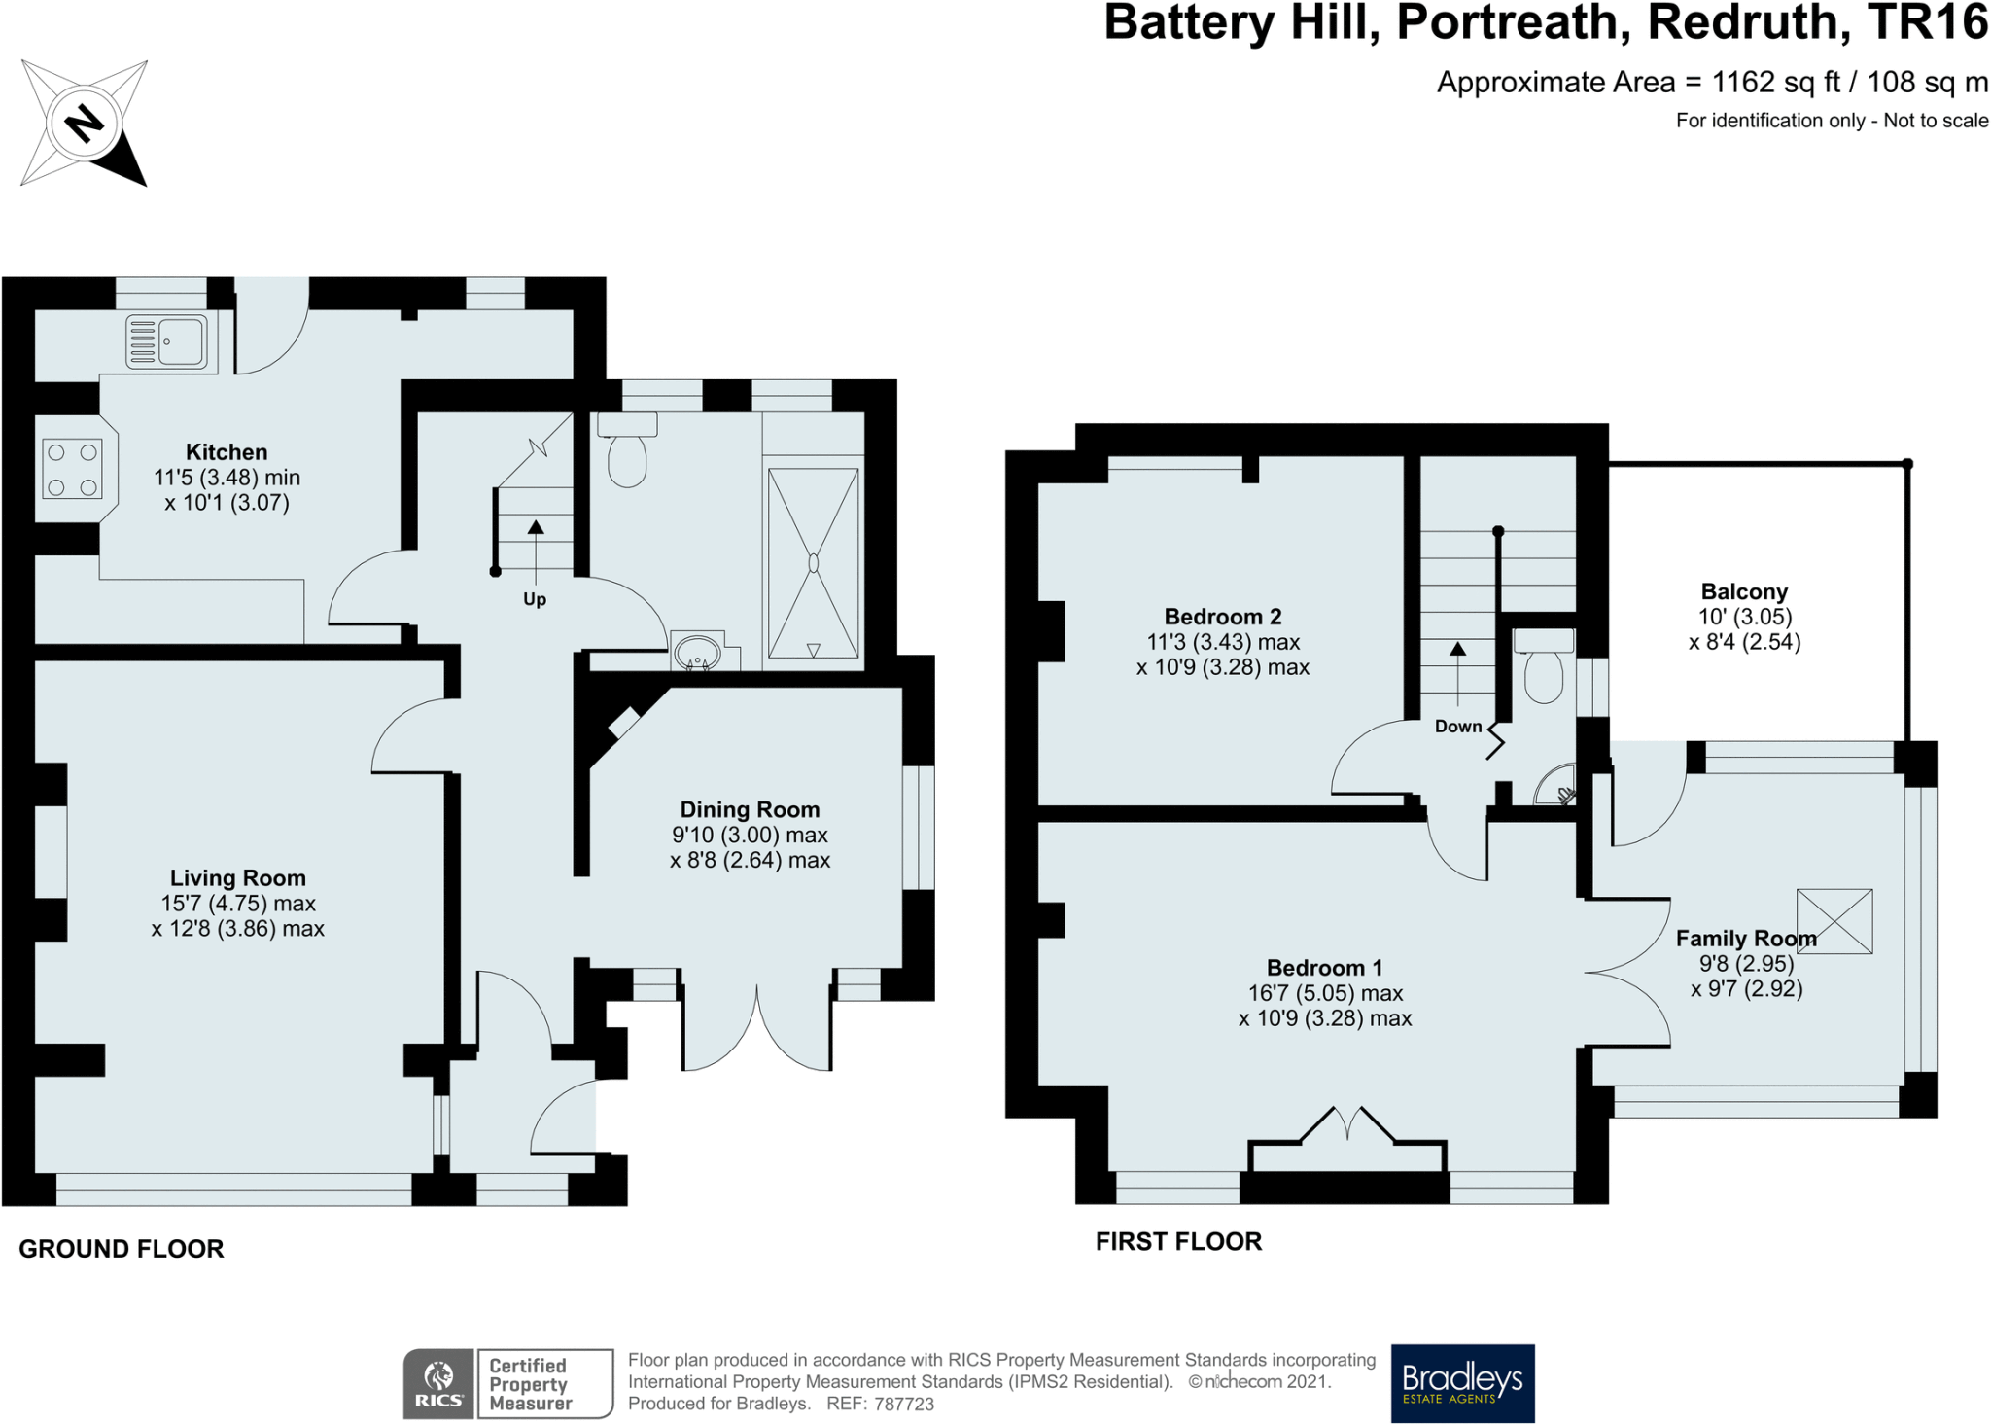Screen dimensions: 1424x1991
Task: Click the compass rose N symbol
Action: [x=84, y=124]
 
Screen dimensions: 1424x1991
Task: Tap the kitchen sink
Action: [x=167, y=341]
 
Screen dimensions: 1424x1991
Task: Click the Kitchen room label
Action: [x=227, y=452]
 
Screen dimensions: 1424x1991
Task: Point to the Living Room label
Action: [x=237, y=878]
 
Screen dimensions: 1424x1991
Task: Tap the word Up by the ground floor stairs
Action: [x=535, y=599]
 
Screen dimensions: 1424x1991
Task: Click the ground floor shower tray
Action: [x=813, y=563]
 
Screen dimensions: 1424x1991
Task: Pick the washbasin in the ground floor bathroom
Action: [x=697, y=652]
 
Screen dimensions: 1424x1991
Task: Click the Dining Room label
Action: [x=750, y=810]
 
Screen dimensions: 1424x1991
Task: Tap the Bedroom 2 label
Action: [x=1223, y=617]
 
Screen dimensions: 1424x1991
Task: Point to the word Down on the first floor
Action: [x=1458, y=727]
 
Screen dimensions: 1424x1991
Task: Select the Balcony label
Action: [x=1744, y=591]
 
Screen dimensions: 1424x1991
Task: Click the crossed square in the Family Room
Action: [x=1834, y=921]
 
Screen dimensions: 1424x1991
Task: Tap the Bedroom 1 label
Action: [x=1324, y=968]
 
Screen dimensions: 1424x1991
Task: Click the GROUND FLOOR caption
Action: [x=122, y=1249]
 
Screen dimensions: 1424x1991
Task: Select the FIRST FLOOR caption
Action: [x=1178, y=1241]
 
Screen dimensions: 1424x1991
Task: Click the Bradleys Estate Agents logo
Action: [x=1462, y=1383]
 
